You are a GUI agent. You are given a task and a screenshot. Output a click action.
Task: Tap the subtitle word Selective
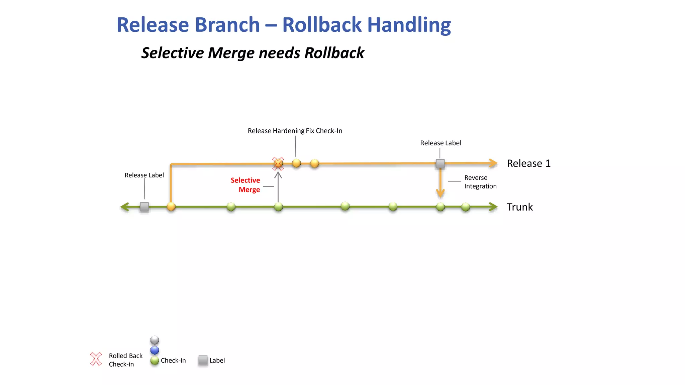click(172, 53)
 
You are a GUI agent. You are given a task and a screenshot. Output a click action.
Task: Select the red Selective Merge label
click(246, 185)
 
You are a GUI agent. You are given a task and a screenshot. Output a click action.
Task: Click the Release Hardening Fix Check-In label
click(295, 131)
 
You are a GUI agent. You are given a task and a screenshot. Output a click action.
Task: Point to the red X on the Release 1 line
click(278, 164)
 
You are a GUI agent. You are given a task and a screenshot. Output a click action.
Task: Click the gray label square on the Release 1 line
click(440, 164)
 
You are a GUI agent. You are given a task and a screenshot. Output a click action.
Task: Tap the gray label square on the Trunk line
click(144, 207)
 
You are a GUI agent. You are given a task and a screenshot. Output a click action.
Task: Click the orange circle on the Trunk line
click(171, 207)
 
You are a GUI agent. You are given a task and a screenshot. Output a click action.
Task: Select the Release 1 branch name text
click(528, 163)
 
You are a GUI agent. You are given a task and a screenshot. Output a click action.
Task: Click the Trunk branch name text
click(519, 207)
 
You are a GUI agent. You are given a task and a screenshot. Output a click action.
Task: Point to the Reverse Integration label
click(480, 182)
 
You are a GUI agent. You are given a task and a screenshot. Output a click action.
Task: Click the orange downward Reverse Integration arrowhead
click(440, 193)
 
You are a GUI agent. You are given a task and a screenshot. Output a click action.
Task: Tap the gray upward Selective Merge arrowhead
click(278, 174)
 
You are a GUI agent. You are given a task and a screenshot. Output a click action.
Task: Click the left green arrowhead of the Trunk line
click(125, 207)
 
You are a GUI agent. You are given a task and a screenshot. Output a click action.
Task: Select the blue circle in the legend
click(155, 350)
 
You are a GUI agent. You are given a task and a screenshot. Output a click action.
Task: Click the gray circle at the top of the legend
click(155, 340)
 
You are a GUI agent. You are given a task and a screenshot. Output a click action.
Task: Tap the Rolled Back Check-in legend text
click(125, 360)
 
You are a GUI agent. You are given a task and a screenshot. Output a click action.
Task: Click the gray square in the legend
click(203, 360)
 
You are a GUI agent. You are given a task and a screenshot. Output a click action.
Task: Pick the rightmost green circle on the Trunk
click(466, 207)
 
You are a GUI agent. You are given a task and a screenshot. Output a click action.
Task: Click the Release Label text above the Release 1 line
click(441, 143)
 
